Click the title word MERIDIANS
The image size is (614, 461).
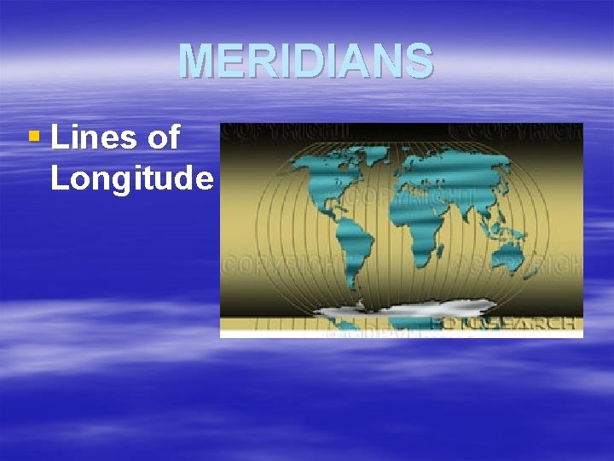point(305,61)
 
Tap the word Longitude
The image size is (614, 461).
point(131,178)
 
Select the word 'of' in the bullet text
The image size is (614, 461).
point(161,137)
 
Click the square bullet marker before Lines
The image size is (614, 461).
point(33,135)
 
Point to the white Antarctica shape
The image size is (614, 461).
point(401,309)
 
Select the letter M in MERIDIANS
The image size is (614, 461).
point(193,61)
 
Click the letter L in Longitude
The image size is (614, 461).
point(58,178)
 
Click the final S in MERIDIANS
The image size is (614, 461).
point(420,61)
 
